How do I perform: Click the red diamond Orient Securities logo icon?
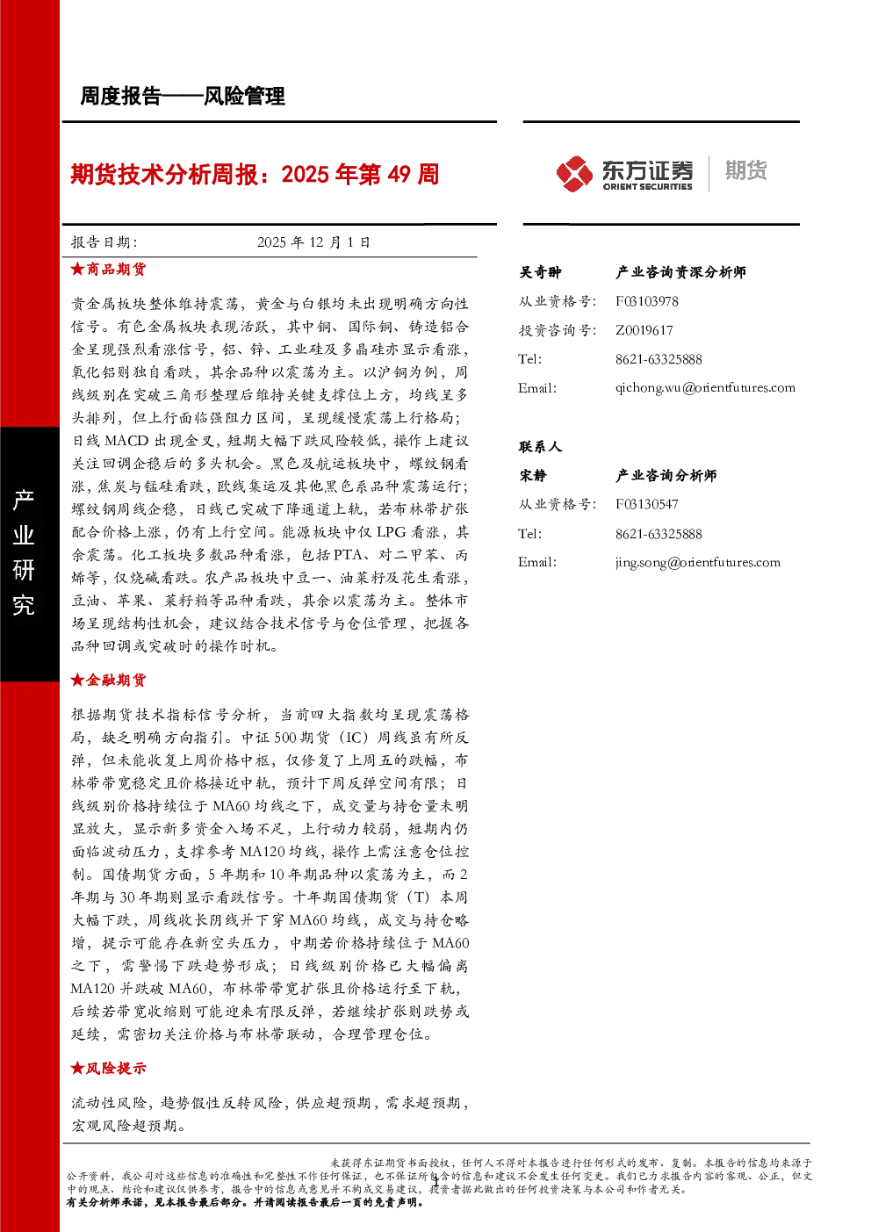click(574, 174)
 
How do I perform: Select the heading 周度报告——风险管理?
click(183, 97)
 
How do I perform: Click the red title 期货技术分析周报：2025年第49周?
click(255, 175)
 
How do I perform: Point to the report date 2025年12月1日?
click(313, 242)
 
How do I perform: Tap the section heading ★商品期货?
click(108, 270)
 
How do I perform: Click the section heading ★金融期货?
click(108, 681)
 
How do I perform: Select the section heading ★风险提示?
click(108, 1068)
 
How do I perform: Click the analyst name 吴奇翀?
click(540, 272)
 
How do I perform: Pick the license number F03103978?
click(646, 301)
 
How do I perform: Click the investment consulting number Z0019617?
click(644, 330)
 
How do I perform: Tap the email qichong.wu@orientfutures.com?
click(705, 388)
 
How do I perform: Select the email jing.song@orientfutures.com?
click(698, 562)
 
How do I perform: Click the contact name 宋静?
click(533, 476)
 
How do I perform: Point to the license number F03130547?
click(646, 504)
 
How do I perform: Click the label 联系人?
click(540, 447)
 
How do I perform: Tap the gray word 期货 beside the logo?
click(745, 170)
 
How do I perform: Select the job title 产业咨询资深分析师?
click(680, 272)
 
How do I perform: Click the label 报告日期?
click(104, 242)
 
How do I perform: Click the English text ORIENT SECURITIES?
click(647, 187)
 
